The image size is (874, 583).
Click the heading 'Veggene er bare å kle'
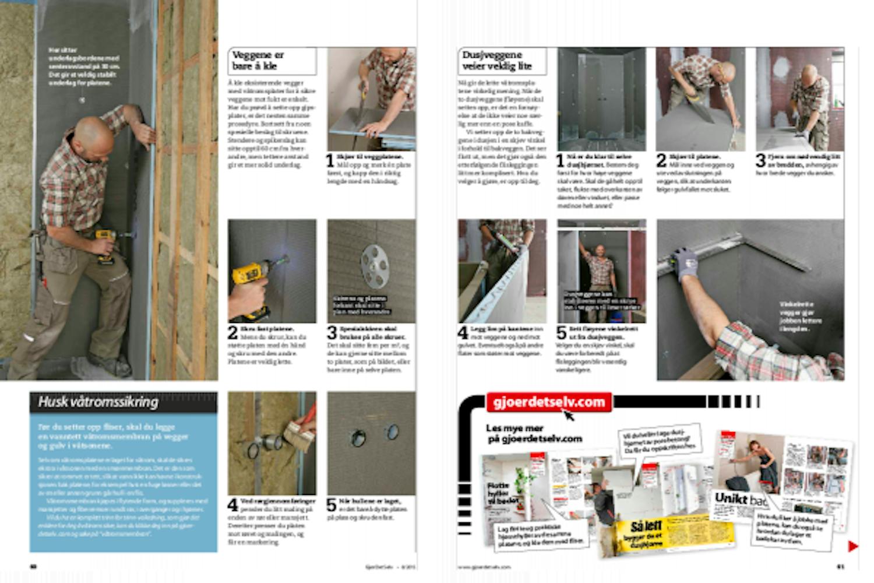[258, 61]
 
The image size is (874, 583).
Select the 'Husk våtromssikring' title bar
[123, 402]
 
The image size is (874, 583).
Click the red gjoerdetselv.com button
[548, 402]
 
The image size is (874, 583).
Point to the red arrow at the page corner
[852, 546]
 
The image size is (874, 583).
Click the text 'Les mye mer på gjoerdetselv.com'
[533, 433]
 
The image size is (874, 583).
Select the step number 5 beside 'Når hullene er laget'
[332, 505]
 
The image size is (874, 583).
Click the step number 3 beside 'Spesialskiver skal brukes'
[332, 333]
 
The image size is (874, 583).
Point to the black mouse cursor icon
[568, 415]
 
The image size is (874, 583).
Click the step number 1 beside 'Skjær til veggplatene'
[330, 160]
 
